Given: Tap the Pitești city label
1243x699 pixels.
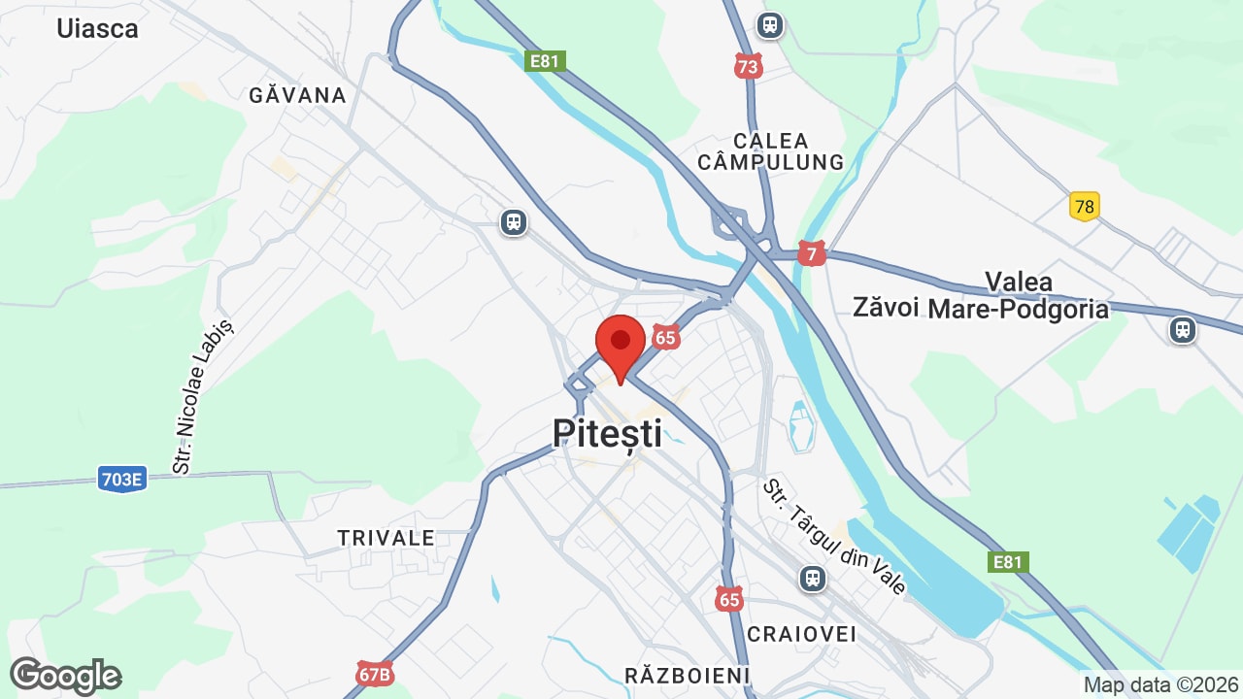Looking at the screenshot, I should tap(608, 433).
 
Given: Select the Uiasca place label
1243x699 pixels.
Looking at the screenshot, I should tap(97, 28).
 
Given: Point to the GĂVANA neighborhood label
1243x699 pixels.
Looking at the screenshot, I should tap(298, 95).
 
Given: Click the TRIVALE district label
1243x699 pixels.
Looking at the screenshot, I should tap(386, 538).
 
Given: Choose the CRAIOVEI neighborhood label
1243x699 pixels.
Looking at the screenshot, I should tap(802, 634).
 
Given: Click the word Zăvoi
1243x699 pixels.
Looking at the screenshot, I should tap(886, 308).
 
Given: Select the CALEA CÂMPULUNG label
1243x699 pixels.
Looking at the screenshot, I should tap(771, 151).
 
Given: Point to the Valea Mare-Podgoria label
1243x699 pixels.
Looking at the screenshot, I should tap(1019, 296).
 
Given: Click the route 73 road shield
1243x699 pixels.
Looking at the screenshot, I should tap(748, 66).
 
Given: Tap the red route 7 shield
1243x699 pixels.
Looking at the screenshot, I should tap(812, 254).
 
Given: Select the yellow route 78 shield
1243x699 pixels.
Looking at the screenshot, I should tap(1085, 207).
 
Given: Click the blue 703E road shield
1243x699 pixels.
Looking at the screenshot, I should tap(121, 478).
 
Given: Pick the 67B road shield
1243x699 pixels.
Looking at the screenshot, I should tap(374, 674).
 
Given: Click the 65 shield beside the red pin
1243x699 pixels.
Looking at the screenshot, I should tap(665, 338).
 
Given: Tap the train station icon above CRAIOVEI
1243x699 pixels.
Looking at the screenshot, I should tap(812, 579).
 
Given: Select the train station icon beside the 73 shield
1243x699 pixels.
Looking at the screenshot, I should tap(770, 24).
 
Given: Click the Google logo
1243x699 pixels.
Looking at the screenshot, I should tap(66, 676).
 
